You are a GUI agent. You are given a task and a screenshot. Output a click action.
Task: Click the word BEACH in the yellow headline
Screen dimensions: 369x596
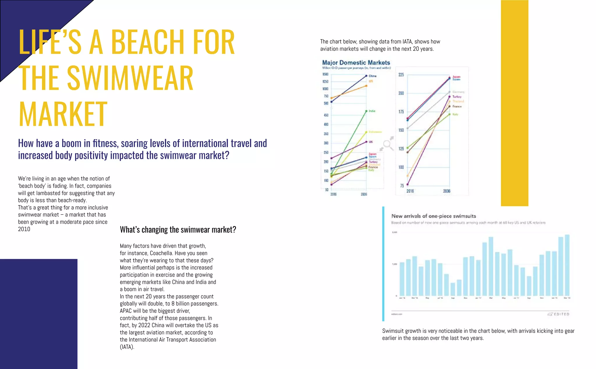[148, 42]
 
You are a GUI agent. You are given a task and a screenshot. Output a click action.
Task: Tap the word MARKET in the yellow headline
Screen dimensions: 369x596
[63, 114]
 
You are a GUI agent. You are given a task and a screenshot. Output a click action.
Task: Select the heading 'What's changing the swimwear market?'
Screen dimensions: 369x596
[178, 230]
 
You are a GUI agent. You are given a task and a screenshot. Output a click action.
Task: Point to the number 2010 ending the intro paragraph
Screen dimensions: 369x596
[24, 229]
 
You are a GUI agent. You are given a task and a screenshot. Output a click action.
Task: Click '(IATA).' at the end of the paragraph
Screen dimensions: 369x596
[127, 347]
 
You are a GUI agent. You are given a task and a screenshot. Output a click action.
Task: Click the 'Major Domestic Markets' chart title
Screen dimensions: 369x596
[356, 63]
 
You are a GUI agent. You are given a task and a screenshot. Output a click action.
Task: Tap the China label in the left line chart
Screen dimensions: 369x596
[372, 76]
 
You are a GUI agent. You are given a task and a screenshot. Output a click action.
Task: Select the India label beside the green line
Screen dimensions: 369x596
[372, 111]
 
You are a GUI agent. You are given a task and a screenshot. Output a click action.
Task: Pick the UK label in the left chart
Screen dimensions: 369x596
[371, 142]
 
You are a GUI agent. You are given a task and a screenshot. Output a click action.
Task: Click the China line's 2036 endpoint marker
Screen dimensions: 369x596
[366, 76]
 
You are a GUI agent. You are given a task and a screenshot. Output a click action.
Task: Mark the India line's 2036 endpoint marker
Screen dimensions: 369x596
[366, 111]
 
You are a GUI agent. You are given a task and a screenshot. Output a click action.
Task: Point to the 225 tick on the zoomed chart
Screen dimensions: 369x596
[401, 75]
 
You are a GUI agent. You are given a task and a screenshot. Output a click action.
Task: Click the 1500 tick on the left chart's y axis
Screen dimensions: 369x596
[325, 74]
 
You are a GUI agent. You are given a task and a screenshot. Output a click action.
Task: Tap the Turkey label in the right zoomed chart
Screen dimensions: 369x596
[457, 97]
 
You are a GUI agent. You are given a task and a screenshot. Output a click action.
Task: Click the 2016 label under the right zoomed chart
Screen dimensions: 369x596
[410, 191]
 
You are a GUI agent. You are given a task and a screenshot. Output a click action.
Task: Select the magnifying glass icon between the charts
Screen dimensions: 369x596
[387, 144]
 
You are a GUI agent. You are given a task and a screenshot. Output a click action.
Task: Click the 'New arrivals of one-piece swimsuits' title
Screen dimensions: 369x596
[434, 216]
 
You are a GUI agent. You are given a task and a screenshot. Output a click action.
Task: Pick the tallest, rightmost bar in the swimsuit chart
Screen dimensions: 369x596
[567, 265]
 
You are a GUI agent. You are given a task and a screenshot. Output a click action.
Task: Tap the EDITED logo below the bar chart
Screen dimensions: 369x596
[559, 314]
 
